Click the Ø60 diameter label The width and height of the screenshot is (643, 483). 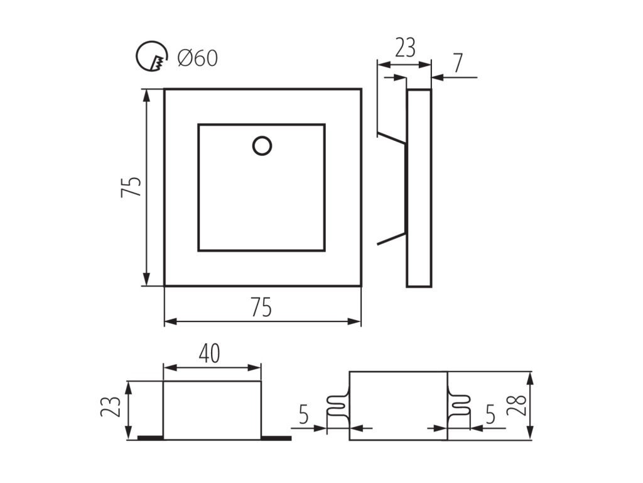pos(197,58)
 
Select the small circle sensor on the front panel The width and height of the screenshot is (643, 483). pos(262,145)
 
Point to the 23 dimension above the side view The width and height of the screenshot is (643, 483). pos(406,48)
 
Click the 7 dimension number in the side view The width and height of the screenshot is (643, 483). pos(457,63)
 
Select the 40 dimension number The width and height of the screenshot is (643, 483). pos(210,354)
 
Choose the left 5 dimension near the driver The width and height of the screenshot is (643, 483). pos(303,416)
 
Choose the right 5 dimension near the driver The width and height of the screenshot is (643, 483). pos(490,416)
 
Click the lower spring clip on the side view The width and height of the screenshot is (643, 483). pos(391,240)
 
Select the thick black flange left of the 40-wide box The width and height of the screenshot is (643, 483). pos(150,437)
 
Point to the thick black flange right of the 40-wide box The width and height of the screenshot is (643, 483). pos(276,437)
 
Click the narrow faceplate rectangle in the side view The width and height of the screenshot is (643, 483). pos(419,187)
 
